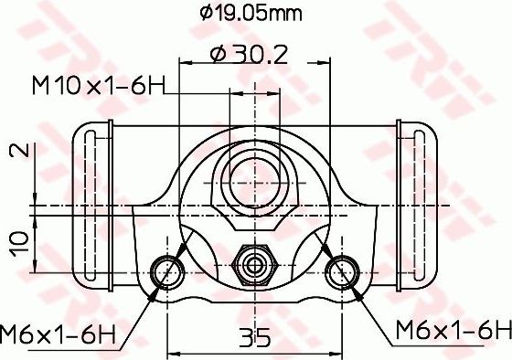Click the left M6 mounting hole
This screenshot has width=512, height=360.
point(166,270)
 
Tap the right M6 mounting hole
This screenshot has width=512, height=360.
point(343,270)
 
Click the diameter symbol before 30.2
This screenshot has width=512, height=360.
point(217,54)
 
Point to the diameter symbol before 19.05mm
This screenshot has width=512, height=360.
point(206,14)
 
